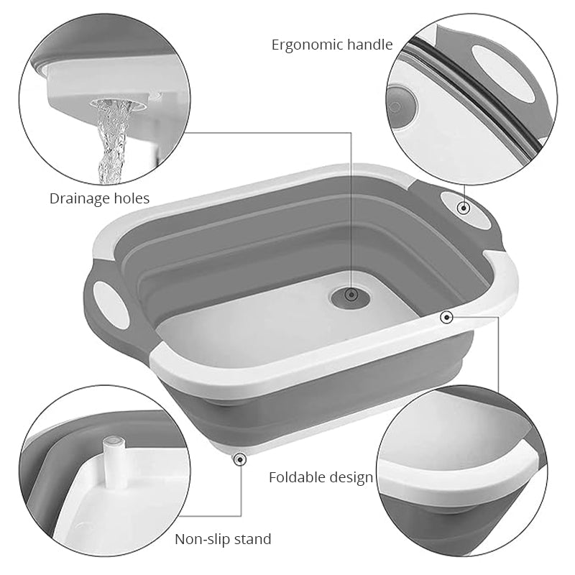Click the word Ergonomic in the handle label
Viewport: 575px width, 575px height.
(307, 45)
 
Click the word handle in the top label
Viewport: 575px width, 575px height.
(369, 45)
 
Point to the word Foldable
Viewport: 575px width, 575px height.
(297, 477)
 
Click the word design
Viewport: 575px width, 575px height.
(351, 478)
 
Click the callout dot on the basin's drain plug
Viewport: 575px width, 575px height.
(351, 294)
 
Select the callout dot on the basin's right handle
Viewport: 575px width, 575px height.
(464, 208)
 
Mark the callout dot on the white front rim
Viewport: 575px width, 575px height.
(446, 317)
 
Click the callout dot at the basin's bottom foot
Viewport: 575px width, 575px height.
(240, 459)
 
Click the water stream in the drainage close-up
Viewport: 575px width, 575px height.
(112, 143)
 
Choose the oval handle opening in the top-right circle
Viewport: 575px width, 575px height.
(502, 72)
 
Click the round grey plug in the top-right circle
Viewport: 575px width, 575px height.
(401, 106)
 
